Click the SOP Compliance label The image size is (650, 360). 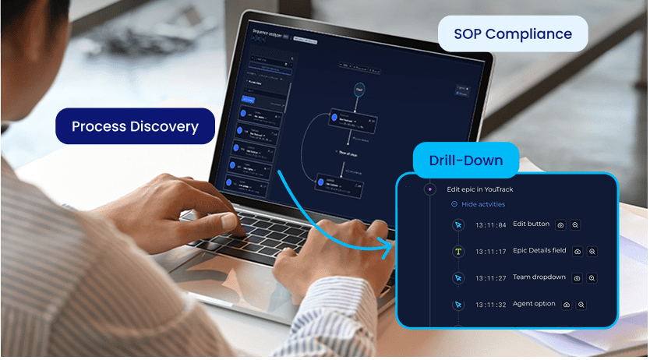pos(513,34)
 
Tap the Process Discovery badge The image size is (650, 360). pos(135,125)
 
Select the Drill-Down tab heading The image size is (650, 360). pos(465,161)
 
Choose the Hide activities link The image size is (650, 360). pos(478,204)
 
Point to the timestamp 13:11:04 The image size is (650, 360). pos(491,225)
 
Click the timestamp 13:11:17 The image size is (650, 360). pos(491,252)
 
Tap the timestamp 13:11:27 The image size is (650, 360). pos(491,278)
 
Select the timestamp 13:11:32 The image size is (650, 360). pos(491,305)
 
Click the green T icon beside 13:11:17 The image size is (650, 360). pos(458,252)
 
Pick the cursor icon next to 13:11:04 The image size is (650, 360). pos(458,225)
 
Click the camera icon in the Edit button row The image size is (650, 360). pos(560,225)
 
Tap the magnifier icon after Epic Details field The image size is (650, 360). pos(592,252)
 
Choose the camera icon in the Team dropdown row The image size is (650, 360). pos(578,278)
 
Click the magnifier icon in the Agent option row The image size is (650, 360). pos(581,305)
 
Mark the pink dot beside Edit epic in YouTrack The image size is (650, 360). pos(429,189)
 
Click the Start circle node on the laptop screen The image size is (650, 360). pos(359,90)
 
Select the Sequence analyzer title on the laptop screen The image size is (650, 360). pos(269,35)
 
